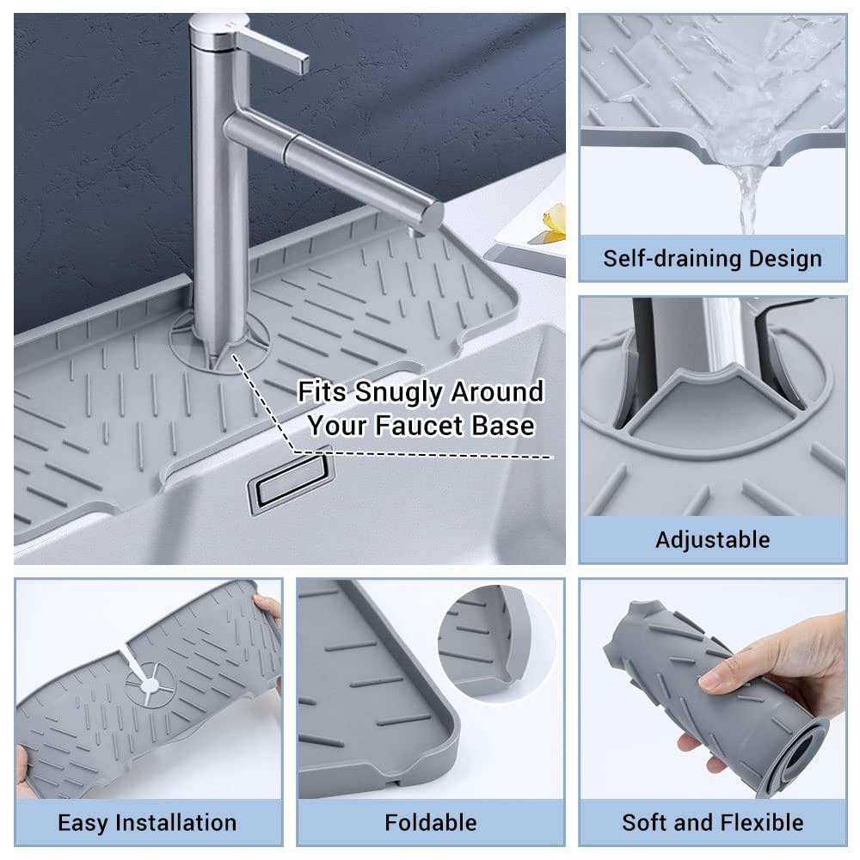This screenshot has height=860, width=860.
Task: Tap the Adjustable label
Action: tap(712, 540)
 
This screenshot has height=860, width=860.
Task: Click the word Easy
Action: tap(83, 824)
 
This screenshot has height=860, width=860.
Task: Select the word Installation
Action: tap(176, 823)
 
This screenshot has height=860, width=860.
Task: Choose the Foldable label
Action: tap(431, 823)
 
